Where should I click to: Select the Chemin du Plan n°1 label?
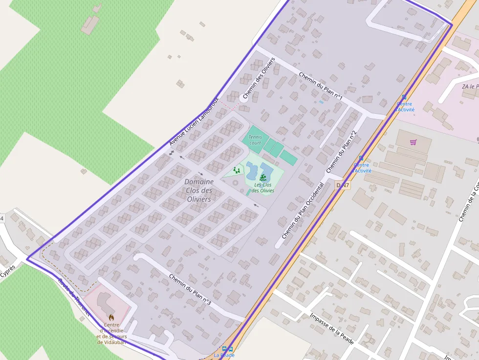320,87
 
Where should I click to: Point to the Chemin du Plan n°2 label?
341,152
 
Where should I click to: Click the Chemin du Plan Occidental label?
303,211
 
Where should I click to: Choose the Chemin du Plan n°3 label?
190,289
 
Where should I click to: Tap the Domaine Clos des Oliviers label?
199,191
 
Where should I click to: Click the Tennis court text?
255,140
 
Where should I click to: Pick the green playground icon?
237,170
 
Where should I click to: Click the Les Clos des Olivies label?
263,188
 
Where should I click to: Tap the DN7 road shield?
343,185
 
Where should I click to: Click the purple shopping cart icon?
414,143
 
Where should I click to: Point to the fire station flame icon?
111,318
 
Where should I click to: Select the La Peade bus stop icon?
227,349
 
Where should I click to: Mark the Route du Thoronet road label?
74,297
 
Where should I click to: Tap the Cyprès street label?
8,272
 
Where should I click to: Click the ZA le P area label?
470,86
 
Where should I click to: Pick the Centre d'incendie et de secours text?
111,333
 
